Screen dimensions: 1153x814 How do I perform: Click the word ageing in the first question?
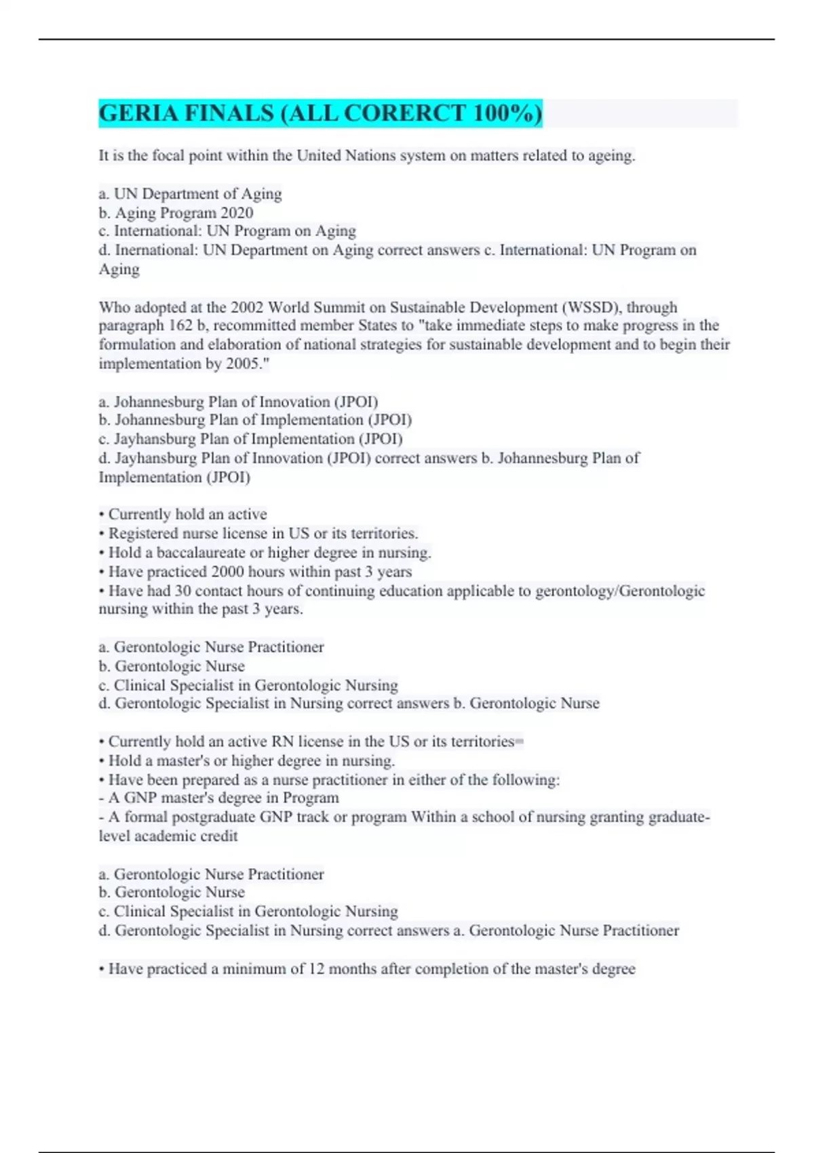point(613,155)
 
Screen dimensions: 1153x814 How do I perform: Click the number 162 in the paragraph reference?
point(180,326)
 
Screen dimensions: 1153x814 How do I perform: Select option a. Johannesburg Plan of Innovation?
point(238,402)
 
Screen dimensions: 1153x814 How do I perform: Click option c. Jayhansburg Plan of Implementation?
point(250,439)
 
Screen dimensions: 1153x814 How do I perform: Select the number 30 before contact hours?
point(183,591)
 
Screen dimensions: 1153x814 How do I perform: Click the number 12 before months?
point(316,969)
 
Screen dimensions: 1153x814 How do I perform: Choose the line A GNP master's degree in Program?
point(218,798)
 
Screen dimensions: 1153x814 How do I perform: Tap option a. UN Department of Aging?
point(190,194)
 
